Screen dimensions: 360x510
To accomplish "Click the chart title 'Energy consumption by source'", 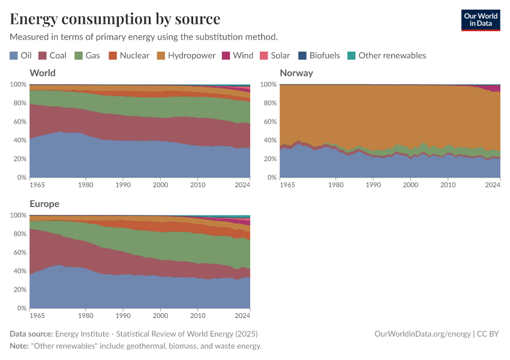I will tap(115, 19).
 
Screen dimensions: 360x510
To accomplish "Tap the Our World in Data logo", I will tap(480, 20).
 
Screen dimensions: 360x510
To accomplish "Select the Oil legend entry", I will tap(21, 55).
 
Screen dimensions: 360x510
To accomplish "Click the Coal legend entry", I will tap(52, 55).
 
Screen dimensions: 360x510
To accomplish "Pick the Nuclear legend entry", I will tap(128, 55).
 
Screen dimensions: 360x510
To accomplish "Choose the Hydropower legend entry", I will tap(185, 55).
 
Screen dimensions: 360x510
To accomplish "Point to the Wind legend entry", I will tap(238, 55).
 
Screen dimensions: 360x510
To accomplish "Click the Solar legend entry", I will tap(274, 55).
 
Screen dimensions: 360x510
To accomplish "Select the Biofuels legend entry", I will tap(319, 55).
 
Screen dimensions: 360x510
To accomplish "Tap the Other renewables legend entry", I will tap(386, 55).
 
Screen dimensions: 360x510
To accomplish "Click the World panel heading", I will tap(43, 73).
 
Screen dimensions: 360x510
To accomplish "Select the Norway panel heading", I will tap(296, 73).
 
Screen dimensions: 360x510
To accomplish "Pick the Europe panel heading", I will tap(44, 204).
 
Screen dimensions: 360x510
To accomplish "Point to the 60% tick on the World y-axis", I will tap(19, 122).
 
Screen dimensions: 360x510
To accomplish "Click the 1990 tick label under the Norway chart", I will tap(373, 184).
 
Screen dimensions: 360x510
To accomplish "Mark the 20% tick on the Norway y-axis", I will tap(269, 159).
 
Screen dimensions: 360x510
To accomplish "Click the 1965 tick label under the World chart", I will tap(38, 184).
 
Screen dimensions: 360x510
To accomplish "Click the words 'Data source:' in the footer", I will tap(31, 334).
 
